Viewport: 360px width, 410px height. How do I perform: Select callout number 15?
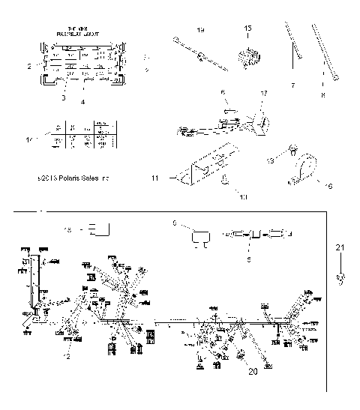tap(248, 28)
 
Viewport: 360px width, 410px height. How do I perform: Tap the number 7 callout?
tap(292, 85)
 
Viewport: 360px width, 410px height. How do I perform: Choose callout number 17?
tap(263, 93)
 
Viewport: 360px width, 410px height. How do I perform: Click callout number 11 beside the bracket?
tap(154, 178)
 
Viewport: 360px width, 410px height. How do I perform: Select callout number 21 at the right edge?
tap(340, 247)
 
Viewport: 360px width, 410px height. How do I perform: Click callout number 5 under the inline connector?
tap(250, 259)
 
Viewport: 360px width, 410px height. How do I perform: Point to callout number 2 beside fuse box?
tap(29, 67)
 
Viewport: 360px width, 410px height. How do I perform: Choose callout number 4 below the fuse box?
tap(83, 100)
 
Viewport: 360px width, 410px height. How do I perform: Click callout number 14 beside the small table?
tap(30, 140)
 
